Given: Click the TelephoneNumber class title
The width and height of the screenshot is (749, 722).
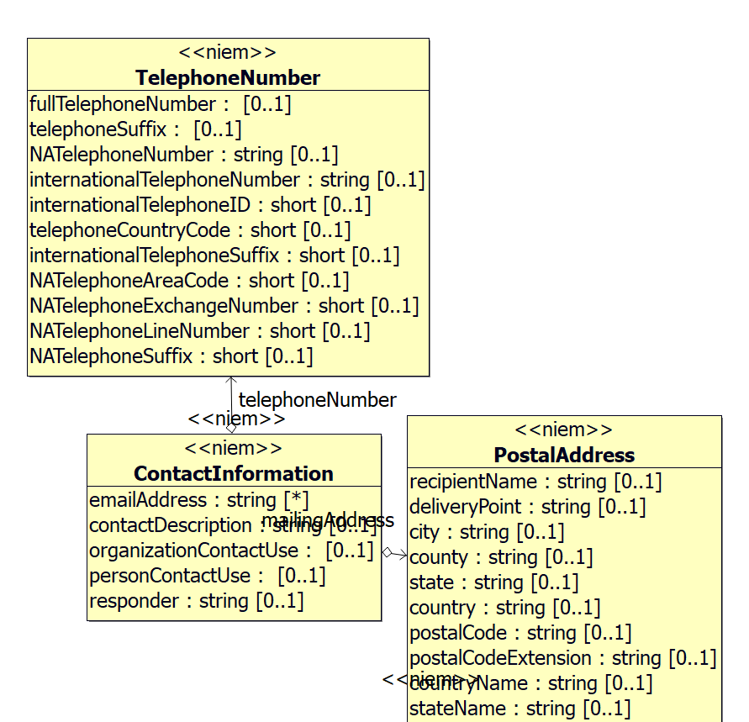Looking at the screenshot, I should [x=228, y=78].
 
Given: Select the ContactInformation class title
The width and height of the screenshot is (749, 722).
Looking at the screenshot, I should [x=234, y=473].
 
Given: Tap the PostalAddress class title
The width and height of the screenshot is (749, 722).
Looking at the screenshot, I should [x=564, y=456].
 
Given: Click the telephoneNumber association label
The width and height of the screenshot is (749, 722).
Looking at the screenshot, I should [x=317, y=399].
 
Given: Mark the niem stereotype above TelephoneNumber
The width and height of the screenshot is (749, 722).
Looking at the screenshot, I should [x=228, y=53].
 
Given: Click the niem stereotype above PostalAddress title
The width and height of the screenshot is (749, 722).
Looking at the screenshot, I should [x=564, y=430].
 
